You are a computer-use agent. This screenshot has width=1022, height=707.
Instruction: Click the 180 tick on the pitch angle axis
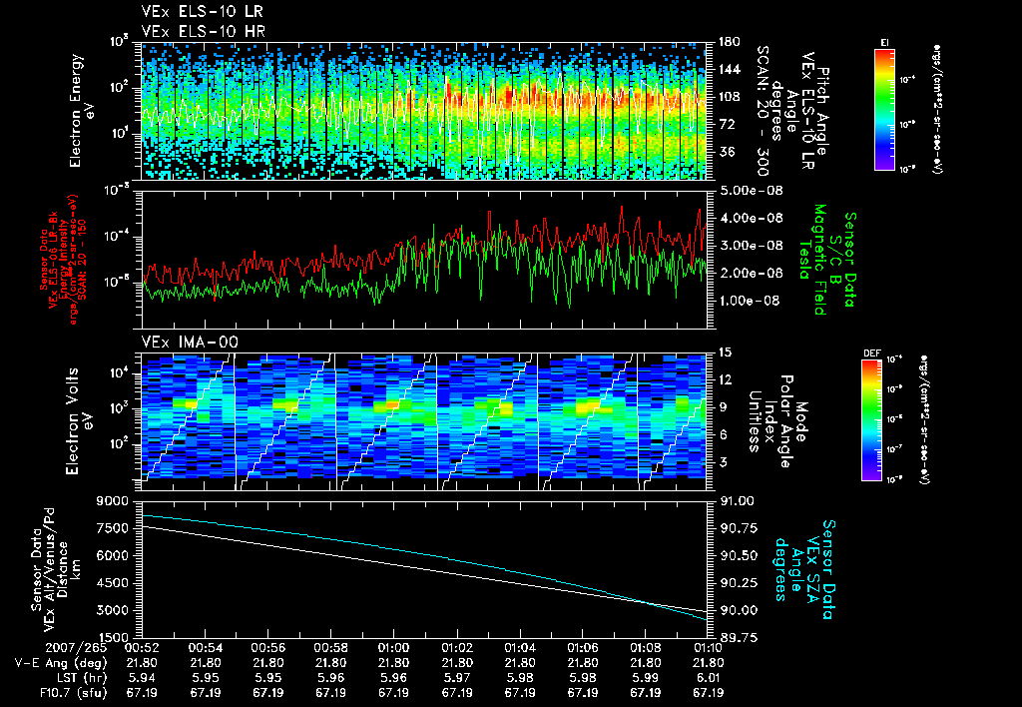[727, 42]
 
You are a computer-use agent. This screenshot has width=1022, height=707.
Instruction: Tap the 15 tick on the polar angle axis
[724, 353]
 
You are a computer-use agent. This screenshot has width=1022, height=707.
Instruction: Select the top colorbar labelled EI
[884, 109]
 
